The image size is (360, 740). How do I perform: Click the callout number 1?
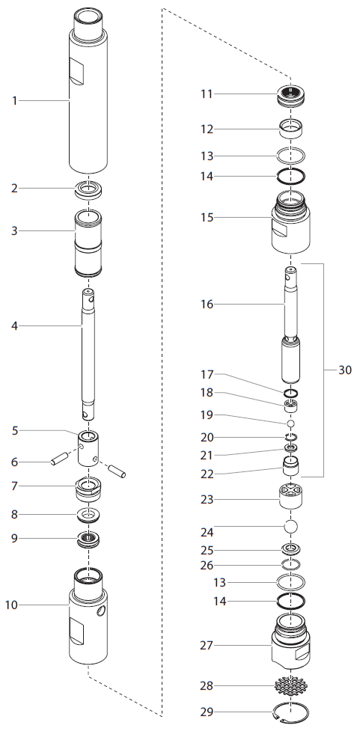(x=14, y=100)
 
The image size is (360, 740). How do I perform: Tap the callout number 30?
(x=344, y=370)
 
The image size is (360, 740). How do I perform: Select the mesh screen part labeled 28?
(x=291, y=685)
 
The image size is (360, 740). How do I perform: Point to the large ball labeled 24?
(x=291, y=526)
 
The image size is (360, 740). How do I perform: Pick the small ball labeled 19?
(x=291, y=423)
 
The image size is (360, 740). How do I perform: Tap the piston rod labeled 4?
(x=88, y=352)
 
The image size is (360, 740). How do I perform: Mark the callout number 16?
(x=207, y=305)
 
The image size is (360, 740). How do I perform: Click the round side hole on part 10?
(x=102, y=612)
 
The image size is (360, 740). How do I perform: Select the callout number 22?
(x=207, y=474)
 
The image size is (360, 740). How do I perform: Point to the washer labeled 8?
(x=89, y=515)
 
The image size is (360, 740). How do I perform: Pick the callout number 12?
(x=207, y=129)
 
